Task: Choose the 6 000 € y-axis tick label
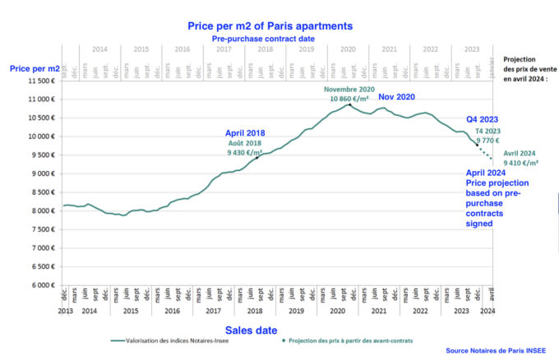[41, 285]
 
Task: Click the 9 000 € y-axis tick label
[41, 173]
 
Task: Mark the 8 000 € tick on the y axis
[41, 210]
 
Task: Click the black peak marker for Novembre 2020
[349, 105]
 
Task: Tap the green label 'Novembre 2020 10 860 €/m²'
[350, 93]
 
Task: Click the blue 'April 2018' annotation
[247, 132]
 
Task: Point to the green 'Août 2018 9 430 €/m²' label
[246, 147]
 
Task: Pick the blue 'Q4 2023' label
[483, 118]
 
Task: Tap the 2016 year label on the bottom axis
[171, 312]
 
